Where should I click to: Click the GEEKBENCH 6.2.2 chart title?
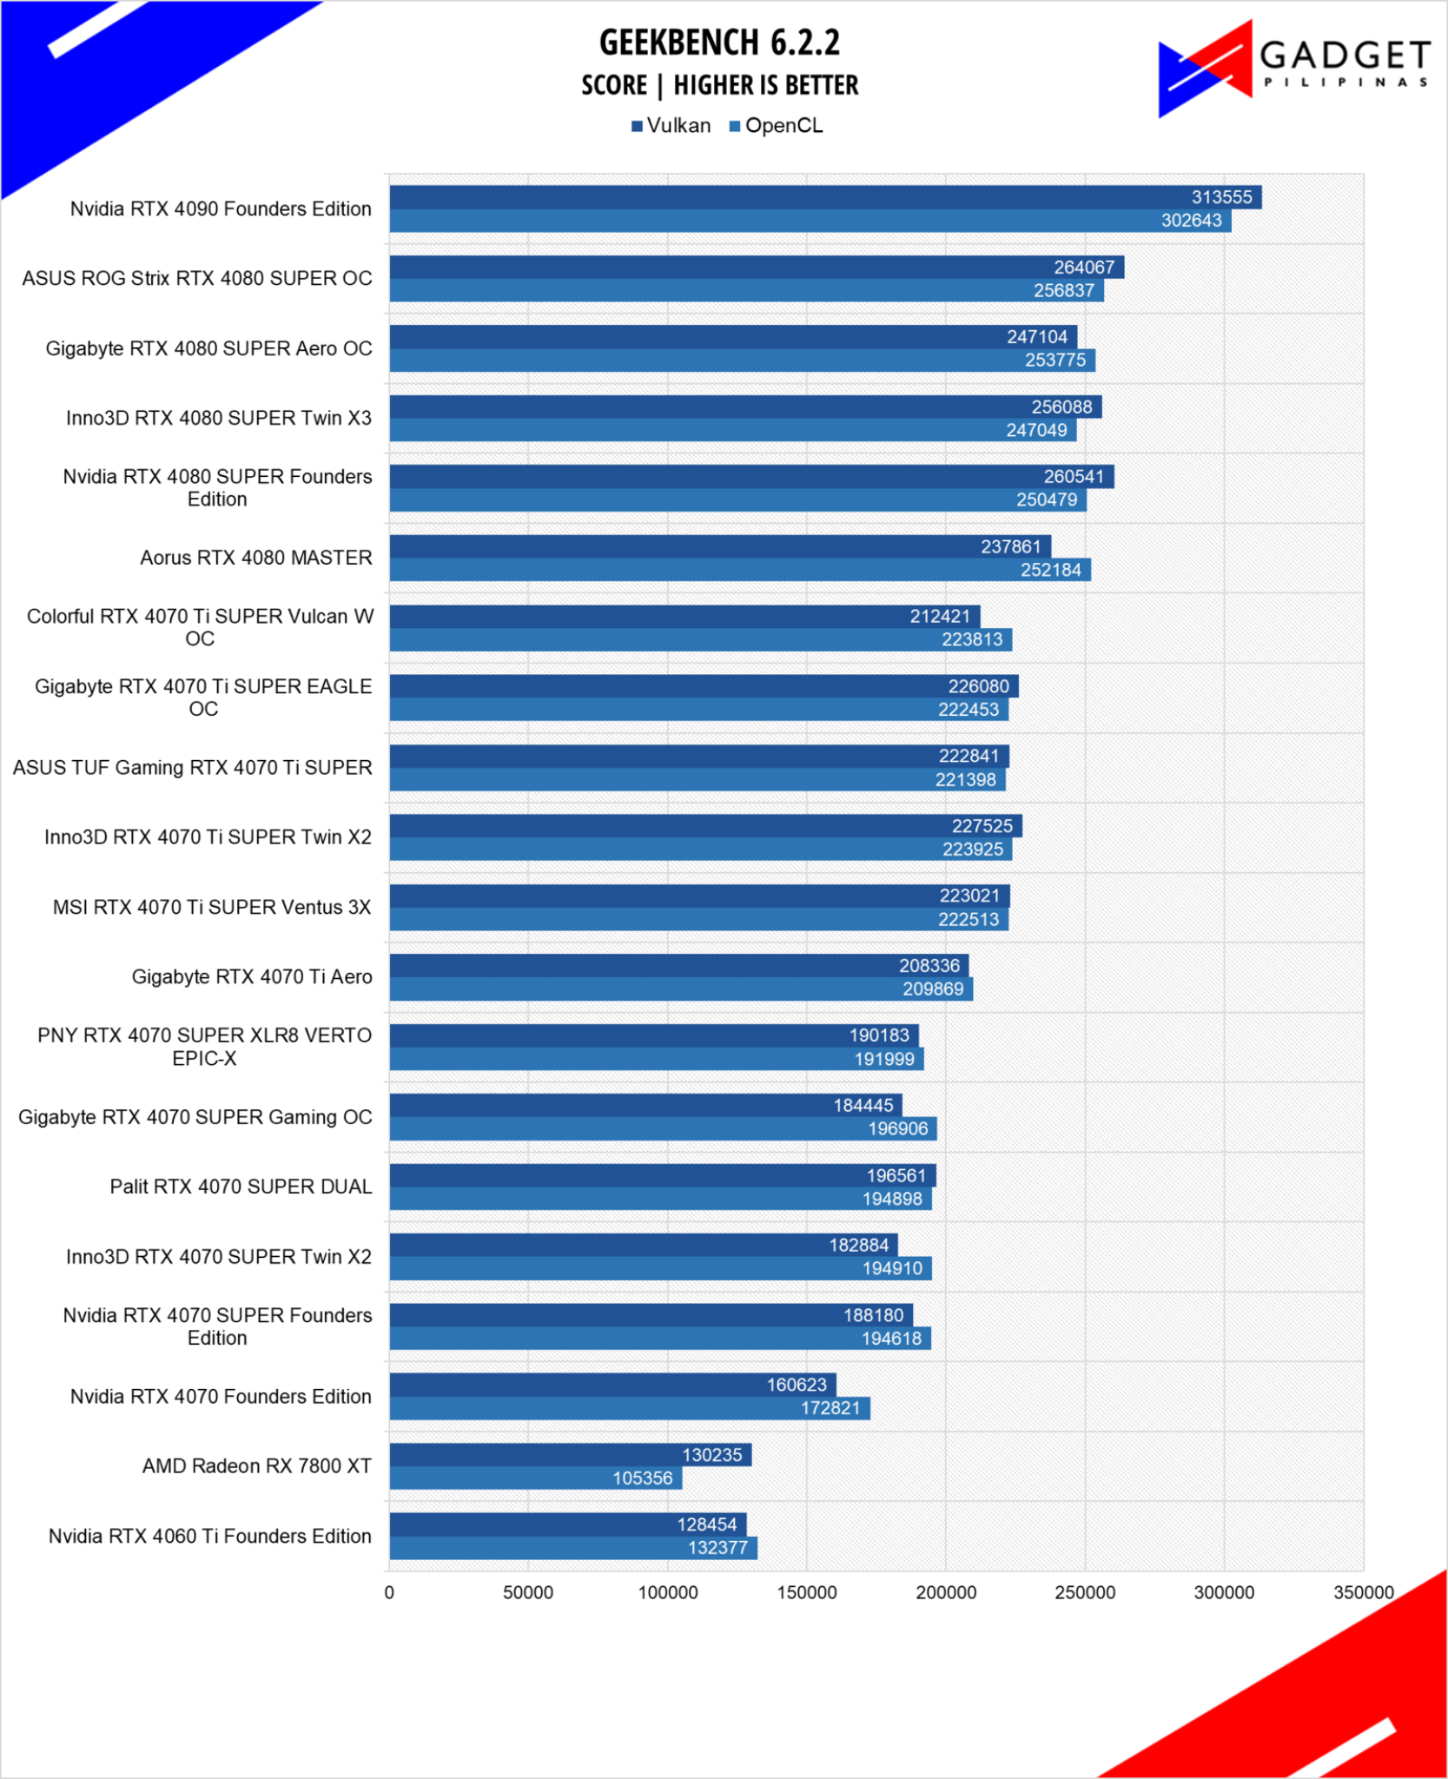(719, 42)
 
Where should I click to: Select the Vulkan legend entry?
(671, 126)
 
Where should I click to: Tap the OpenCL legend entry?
(776, 126)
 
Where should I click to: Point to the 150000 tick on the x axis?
(807, 1592)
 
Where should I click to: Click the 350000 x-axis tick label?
(1364, 1592)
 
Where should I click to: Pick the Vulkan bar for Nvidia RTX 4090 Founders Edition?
(825, 197)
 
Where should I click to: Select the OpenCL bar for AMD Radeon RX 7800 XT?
(536, 1478)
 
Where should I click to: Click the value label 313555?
(1221, 197)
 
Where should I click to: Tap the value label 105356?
(643, 1478)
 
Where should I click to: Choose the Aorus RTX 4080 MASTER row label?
(256, 558)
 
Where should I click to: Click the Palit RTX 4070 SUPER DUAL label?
(241, 1187)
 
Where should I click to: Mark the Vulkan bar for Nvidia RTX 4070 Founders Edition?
(613, 1385)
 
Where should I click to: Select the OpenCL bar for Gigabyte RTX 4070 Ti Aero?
(681, 989)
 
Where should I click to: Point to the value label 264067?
(1084, 268)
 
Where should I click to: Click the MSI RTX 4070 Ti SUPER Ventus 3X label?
(212, 907)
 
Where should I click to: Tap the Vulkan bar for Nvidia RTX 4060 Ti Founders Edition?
(568, 1524)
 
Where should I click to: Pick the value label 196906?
(898, 1128)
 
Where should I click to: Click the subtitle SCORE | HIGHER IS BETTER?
(720, 85)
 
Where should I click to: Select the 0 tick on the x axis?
(389, 1592)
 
